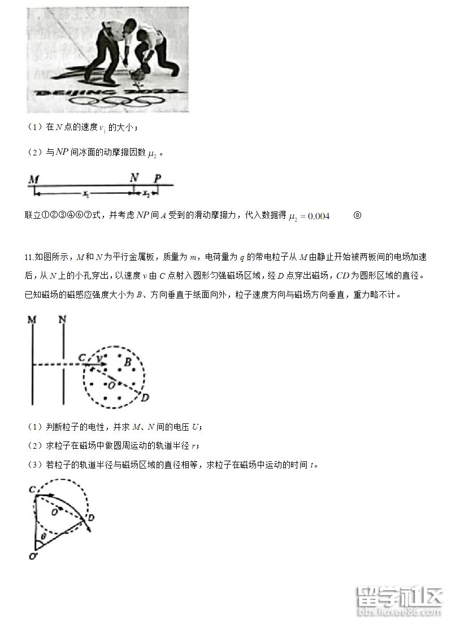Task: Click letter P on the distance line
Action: point(158,179)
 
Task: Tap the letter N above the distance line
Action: point(133,177)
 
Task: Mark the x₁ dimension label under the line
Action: point(85,194)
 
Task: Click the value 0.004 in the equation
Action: point(316,215)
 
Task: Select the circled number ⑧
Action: point(357,215)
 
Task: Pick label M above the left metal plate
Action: point(32,320)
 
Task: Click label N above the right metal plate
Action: point(63,320)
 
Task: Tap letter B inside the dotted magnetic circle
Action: point(128,361)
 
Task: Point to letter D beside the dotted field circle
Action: point(145,398)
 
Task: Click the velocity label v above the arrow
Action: point(99,358)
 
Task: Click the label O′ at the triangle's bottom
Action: point(32,557)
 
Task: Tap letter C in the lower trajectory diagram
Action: point(32,488)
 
